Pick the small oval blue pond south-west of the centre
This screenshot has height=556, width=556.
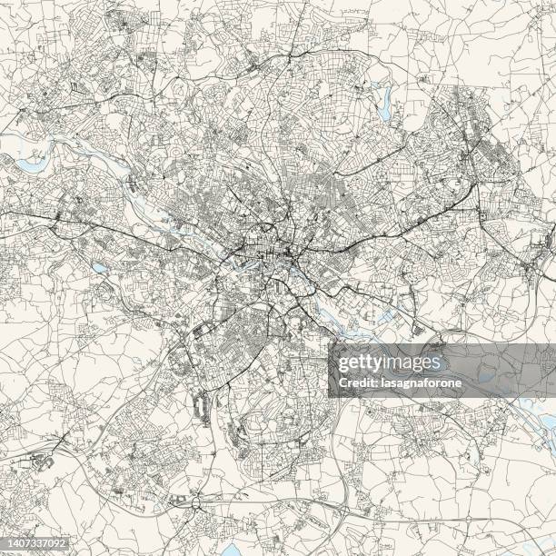pyautogui.click(x=98, y=268)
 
